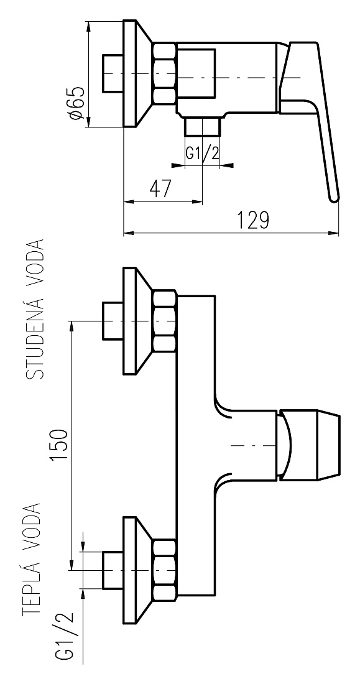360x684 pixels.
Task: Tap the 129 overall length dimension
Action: pyautogui.click(x=252, y=220)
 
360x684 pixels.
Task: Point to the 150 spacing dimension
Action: pyautogui.click(x=59, y=445)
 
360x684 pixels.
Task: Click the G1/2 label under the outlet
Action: pyautogui.click(x=203, y=153)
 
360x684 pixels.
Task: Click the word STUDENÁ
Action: pyautogui.click(x=35, y=340)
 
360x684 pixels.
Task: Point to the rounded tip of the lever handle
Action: pyautogui.click(x=334, y=198)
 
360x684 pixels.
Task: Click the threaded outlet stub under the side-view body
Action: pyautogui.click(x=203, y=126)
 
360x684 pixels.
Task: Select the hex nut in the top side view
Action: pyautogui.click(x=165, y=73)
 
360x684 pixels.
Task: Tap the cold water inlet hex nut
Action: pyautogui.click(x=165, y=321)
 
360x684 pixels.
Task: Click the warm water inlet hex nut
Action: pyautogui.click(x=165, y=570)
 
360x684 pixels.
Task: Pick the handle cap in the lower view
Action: pyautogui.click(x=308, y=445)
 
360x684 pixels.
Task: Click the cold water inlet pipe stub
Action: pyautogui.click(x=113, y=321)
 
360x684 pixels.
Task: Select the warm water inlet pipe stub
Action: pyautogui.click(x=113, y=570)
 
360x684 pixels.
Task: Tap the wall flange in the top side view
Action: pyautogui.click(x=137, y=73)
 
